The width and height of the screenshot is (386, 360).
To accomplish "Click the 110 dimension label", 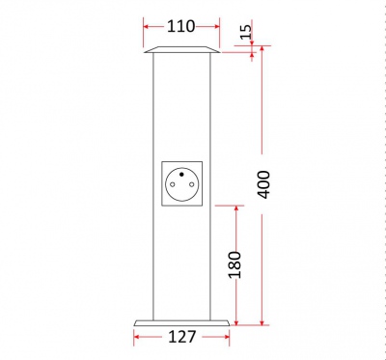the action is pos(180,26).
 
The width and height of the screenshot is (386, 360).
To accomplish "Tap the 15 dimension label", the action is pos(246,32).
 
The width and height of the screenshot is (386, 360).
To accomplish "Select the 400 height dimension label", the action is pos(263,184).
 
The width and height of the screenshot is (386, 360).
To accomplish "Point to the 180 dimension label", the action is pos(234,264).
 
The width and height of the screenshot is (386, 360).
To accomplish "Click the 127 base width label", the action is pos(182,337).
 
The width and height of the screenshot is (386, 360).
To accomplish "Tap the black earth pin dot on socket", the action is pos(181,175).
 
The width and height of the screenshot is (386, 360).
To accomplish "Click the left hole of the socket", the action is pos(172,184).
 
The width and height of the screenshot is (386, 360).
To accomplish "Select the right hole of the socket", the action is pos(192,184).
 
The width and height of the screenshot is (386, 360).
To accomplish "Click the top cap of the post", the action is pos(182,49).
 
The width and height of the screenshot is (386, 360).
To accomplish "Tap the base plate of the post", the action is pos(181,323).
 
